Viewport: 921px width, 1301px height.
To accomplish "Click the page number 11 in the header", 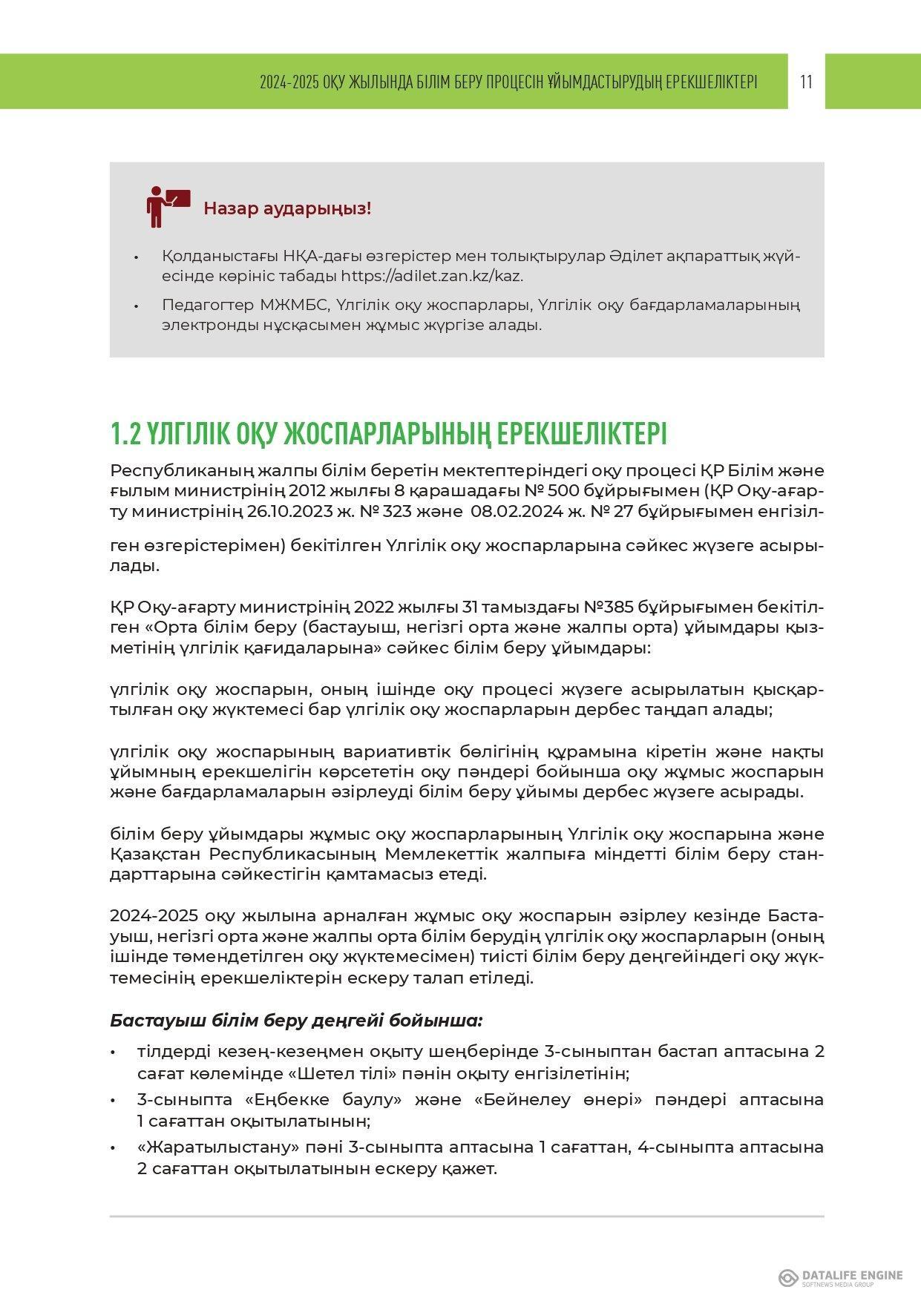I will (x=807, y=82).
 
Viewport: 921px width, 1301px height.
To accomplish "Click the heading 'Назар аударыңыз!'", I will (x=287, y=208).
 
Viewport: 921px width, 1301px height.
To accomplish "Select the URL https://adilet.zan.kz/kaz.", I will (x=432, y=276).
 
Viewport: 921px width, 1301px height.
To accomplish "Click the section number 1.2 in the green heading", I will (x=125, y=434).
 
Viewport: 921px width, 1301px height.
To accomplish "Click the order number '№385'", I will (x=609, y=607).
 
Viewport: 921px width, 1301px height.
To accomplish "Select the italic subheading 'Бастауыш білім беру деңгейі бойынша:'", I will (x=296, y=1021).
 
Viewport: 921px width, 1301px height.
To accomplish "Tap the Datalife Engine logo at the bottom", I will (x=840, y=1277).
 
